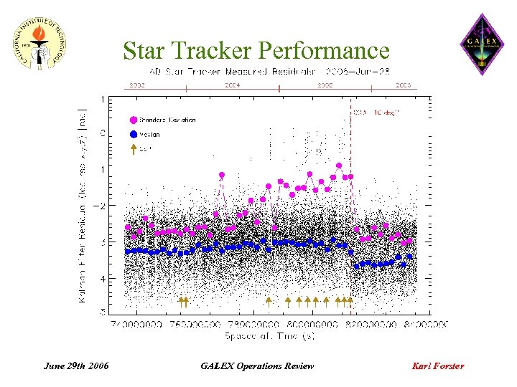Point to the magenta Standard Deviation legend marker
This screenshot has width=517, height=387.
[x=134, y=120]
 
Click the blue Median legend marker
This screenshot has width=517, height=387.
[x=134, y=134]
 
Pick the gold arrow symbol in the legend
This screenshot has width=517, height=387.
[x=134, y=149]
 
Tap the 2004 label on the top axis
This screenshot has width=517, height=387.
[x=232, y=85]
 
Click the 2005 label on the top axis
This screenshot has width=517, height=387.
[x=325, y=85]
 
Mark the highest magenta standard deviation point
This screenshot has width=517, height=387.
[x=338, y=166]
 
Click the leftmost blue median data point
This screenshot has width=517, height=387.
[x=128, y=252]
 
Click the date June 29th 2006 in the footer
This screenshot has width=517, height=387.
[x=76, y=366]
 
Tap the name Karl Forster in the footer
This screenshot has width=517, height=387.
[x=437, y=366]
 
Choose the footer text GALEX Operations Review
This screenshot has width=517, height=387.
[x=257, y=366]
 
